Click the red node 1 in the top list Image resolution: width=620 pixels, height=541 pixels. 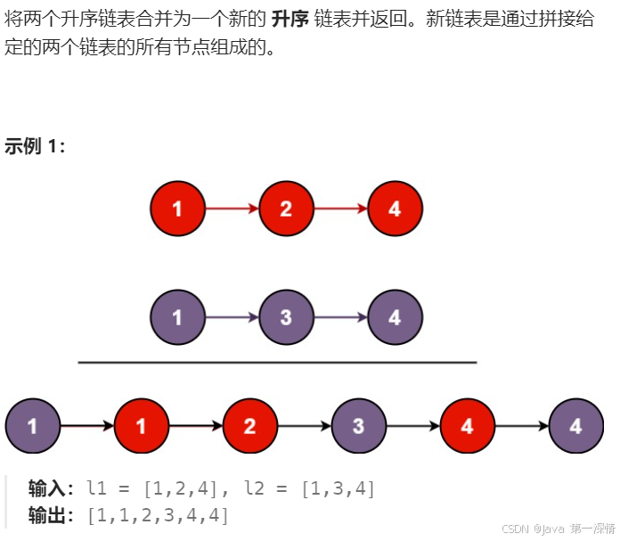tap(177, 209)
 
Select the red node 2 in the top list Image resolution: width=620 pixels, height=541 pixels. tap(286, 209)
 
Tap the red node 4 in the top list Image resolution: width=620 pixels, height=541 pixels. tap(395, 209)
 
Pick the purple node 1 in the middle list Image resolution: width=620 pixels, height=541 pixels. tap(177, 318)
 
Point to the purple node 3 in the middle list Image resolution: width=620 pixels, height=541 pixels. tap(286, 318)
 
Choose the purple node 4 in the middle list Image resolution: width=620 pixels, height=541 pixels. tap(395, 318)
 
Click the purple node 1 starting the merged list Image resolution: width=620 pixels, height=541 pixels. tap(32, 426)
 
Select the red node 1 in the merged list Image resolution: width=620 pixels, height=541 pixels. tap(141, 426)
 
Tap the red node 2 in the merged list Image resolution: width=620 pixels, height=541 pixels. tap(249, 426)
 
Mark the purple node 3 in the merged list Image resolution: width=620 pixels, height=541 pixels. tap(358, 426)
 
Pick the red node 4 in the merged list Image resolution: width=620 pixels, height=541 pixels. tap(467, 426)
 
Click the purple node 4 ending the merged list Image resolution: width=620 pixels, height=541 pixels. tap(575, 426)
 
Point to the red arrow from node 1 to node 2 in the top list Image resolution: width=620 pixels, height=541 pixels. tap(232, 209)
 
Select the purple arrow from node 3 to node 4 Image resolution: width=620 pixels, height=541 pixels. tap(340, 318)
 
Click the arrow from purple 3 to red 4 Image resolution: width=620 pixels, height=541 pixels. tap(412, 426)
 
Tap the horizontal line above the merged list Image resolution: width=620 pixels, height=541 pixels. tap(277, 363)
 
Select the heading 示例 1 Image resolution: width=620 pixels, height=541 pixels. tap(35, 146)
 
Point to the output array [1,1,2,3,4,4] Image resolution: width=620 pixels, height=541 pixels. tap(158, 515)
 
